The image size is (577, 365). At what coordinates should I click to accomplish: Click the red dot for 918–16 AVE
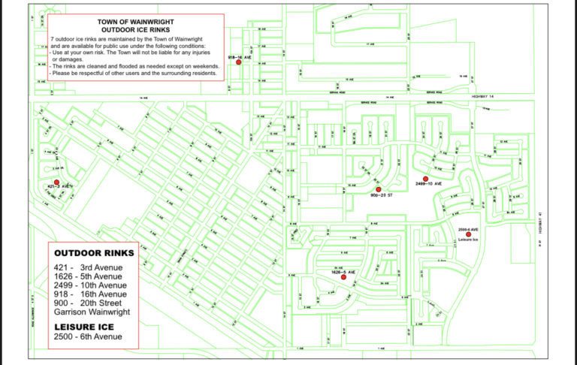[x=238, y=62]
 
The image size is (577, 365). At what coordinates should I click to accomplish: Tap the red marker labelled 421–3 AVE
[x=56, y=182]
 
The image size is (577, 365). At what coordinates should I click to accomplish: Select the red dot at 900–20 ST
[x=379, y=189]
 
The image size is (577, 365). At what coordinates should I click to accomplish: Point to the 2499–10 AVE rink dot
[x=426, y=179]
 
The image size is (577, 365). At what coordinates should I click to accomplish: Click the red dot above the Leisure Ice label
[x=468, y=234]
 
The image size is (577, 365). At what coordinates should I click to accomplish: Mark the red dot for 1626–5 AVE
[x=343, y=277]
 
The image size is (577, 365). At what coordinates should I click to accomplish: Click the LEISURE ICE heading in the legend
[x=83, y=327]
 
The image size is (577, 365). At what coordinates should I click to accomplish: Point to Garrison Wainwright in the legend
[x=91, y=312]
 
